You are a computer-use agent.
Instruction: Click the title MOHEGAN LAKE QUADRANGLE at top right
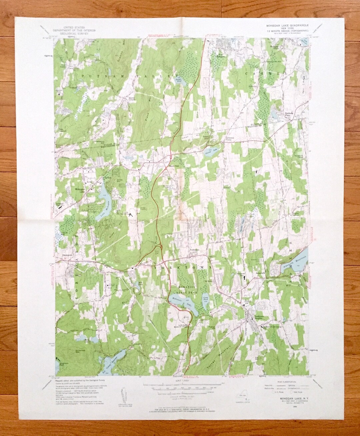coord(287,25)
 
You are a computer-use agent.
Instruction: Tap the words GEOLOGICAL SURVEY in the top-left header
coord(75,33)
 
